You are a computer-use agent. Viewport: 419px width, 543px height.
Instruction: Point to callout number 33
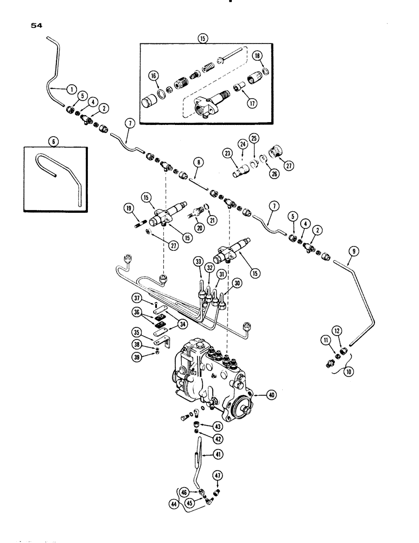(x=199, y=262)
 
